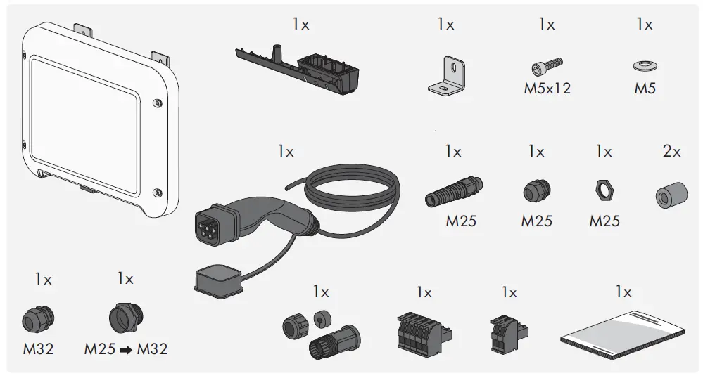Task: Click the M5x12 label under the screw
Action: coord(547,89)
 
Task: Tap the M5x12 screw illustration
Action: coord(546,67)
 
